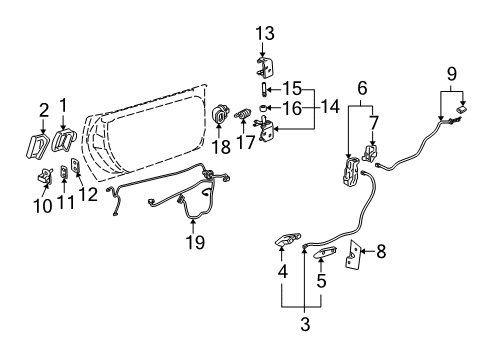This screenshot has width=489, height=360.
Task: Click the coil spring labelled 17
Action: coord(241,121)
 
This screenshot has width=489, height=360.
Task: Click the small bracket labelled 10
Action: coord(45,176)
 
